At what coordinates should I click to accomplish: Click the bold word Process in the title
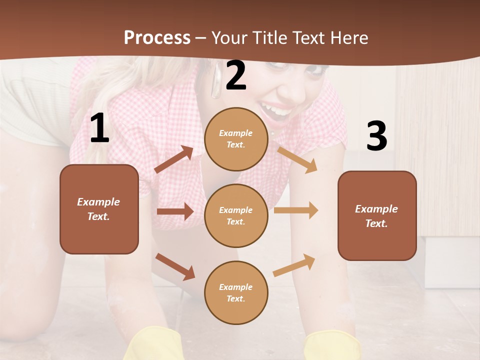(x=157, y=37)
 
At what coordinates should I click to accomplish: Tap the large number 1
(x=99, y=128)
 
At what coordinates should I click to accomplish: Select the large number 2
(x=236, y=76)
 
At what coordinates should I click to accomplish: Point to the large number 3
(x=376, y=136)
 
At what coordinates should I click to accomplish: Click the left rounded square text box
(x=99, y=209)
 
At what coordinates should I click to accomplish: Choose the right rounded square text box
(x=377, y=215)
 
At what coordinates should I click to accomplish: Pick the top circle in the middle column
(x=236, y=139)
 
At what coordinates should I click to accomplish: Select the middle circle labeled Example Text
(x=236, y=215)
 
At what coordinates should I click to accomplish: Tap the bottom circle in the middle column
(x=236, y=292)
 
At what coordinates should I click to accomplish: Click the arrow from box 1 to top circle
(x=174, y=159)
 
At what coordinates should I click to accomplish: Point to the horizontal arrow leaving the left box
(x=174, y=211)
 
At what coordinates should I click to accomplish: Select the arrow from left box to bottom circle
(x=175, y=266)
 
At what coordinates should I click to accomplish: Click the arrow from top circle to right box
(x=297, y=159)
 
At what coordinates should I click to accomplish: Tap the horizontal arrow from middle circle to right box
(x=295, y=210)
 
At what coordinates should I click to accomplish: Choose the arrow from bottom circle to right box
(x=294, y=265)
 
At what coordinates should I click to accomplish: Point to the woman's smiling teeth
(x=275, y=109)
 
